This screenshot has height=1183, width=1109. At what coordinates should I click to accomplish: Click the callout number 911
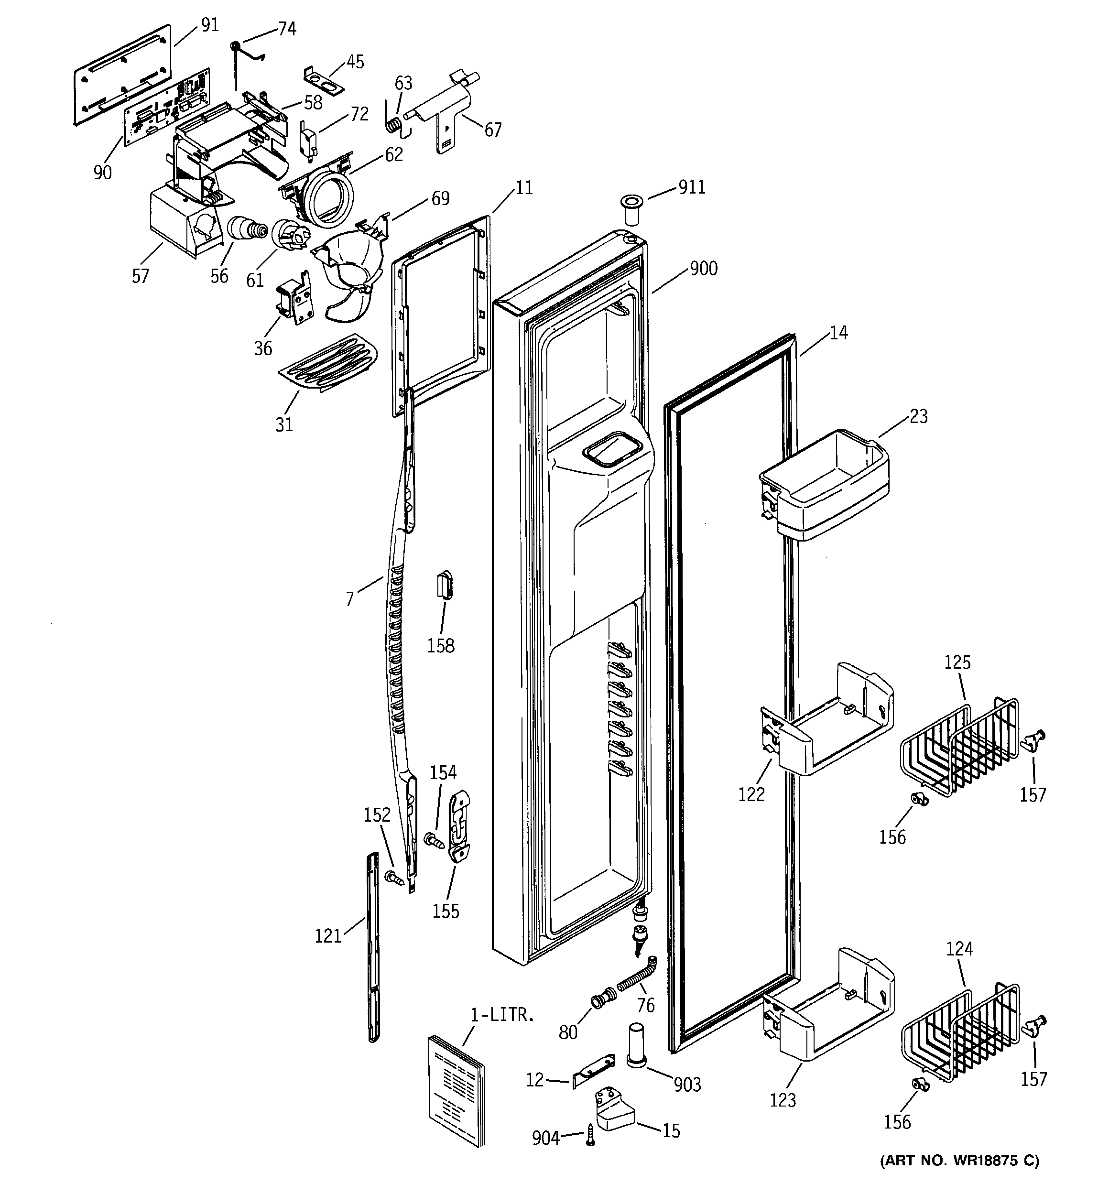click(x=691, y=187)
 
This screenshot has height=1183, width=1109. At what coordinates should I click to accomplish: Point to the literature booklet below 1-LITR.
click(x=456, y=1089)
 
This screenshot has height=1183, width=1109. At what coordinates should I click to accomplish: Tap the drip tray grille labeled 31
click(x=327, y=362)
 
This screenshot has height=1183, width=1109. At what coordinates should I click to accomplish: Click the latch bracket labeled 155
click(x=459, y=826)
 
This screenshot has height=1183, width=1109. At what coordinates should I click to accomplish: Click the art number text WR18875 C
click(x=959, y=1160)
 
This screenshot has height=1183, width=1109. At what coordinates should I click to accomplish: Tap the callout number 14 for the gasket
click(x=838, y=333)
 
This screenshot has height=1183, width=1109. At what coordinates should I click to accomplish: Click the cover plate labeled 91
click(x=122, y=75)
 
